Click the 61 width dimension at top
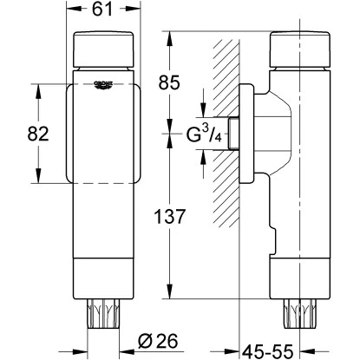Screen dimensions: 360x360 click(105, 11)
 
